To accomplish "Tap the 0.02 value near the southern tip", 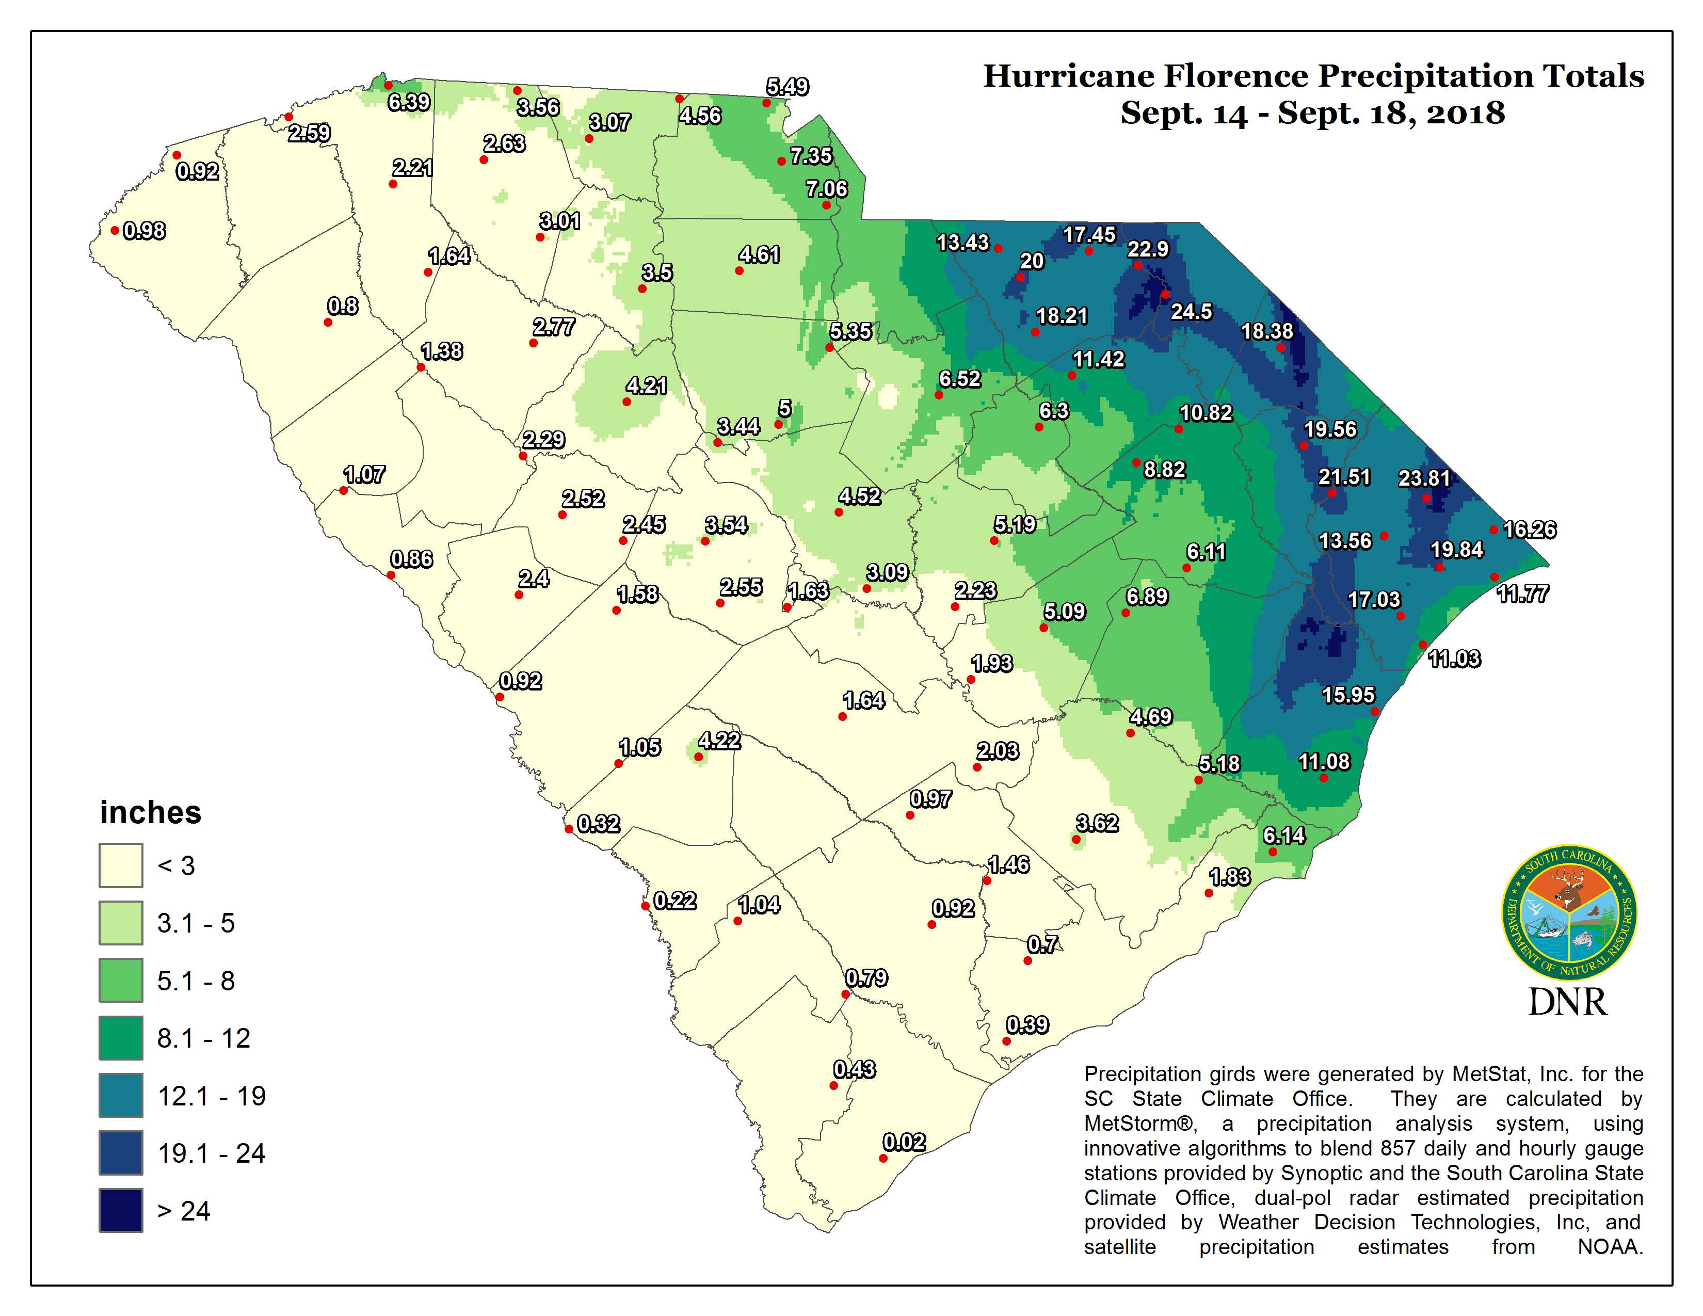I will [x=904, y=1142].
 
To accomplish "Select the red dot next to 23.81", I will [x=1425, y=498].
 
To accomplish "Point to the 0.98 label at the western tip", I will [x=144, y=231].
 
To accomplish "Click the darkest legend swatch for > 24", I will [x=121, y=1210].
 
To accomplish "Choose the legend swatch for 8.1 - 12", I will [x=121, y=1038].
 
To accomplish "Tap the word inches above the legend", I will [x=151, y=812].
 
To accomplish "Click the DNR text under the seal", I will [x=1567, y=1002].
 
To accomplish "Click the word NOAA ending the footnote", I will [x=1610, y=1247].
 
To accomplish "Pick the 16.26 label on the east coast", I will [x=1529, y=529].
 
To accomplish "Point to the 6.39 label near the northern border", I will [x=409, y=102].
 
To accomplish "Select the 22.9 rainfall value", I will [x=1148, y=249].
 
